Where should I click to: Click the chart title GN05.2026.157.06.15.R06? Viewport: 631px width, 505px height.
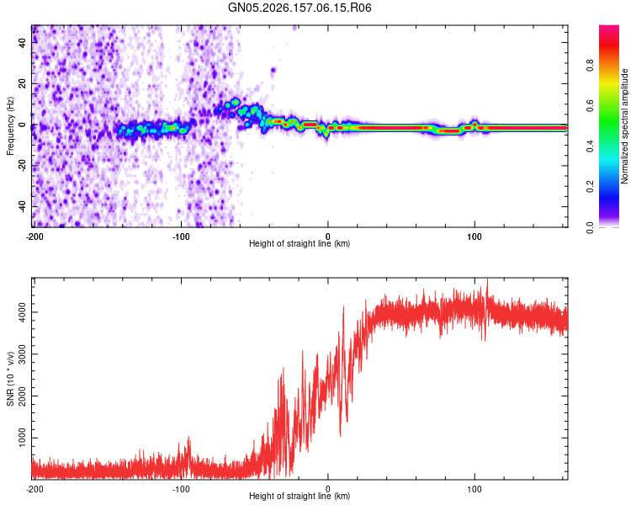pos(300,8)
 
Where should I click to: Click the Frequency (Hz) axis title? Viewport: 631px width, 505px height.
pos(10,126)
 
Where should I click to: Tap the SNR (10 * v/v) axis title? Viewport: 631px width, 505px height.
pos(10,379)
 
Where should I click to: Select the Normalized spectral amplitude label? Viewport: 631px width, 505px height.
pos(624,126)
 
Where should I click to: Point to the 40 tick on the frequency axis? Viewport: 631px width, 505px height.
pos(22,43)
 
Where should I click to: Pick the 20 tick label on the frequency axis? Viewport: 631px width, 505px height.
pos(22,84)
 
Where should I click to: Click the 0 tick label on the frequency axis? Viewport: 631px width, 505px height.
pos(22,125)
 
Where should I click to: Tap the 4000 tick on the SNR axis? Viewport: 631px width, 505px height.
pos(22,312)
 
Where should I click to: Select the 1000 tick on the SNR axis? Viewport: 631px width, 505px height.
pos(22,438)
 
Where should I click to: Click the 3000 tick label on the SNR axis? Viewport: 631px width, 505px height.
pos(22,354)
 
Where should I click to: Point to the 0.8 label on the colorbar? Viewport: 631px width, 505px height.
pos(590,66)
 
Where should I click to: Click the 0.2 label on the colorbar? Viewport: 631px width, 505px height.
pos(590,187)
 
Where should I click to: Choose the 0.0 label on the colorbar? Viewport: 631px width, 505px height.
pos(590,227)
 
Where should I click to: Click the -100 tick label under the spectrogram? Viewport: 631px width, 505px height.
pos(181,237)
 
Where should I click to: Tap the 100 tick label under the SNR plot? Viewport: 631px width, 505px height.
pos(475,489)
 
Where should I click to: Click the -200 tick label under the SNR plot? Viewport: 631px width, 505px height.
pos(34,489)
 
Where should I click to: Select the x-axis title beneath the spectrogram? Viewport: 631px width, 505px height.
pos(300,243)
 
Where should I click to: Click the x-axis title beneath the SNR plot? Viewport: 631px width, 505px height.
pos(300,496)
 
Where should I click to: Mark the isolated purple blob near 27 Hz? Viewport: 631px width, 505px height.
pos(273,71)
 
